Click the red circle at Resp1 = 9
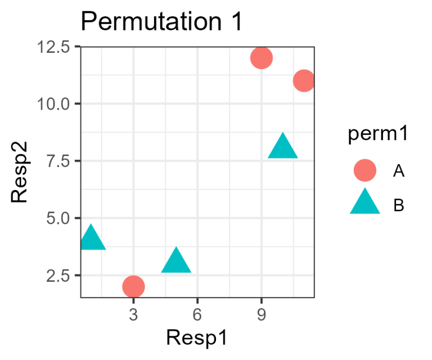tap(262, 57)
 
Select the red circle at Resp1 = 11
tap(304, 80)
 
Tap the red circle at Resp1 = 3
tap(133, 286)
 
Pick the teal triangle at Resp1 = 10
tap(282, 147)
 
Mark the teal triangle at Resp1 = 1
tap(91, 238)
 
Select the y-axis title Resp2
tap(20, 172)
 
